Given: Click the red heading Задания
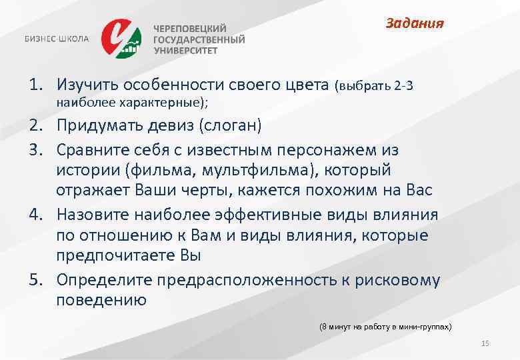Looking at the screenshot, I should [415, 24].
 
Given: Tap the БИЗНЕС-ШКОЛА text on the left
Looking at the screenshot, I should [57, 39].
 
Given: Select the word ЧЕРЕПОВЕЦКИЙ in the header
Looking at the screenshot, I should [191, 29].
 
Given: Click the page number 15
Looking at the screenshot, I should [485, 343].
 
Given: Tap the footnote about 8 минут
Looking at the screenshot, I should [385, 327].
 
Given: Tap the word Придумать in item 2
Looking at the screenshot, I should [101, 125].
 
